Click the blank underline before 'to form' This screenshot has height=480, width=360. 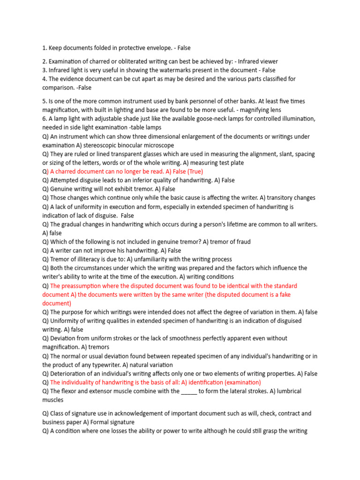pyautogui.click(x=189, y=391)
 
